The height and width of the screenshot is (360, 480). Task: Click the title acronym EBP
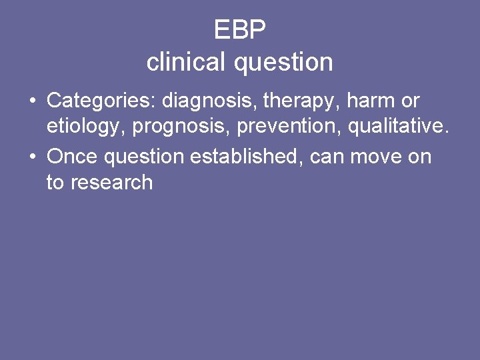point(240,30)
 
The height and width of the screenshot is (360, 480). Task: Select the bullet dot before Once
point(31,157)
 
